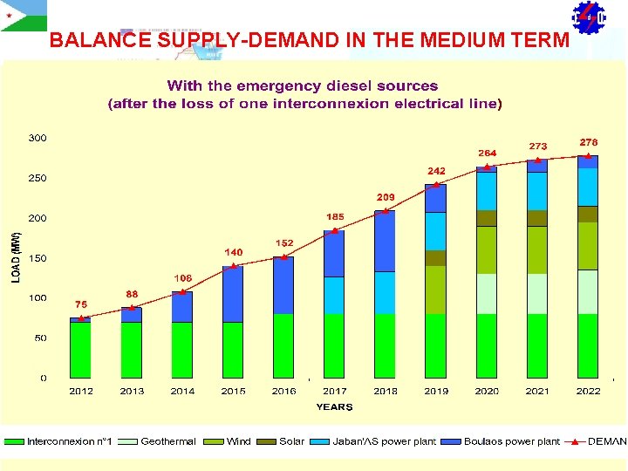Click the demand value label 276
tap(589, 141)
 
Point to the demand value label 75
tap(80, 304)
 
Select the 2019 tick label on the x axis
tap(436, 392)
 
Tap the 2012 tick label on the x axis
tap(81, 392)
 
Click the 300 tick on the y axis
tap(38, 138)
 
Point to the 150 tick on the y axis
tap(38, 259)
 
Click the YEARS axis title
tap(334, 406)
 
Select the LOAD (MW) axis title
tap(15, 256)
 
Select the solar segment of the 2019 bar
tap(435, 258)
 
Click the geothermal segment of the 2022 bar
tap(588, 291)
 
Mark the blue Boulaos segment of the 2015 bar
tap(233, 294)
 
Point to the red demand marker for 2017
tap(335, 230)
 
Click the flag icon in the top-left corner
tap(24, 16)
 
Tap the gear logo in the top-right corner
tap(588, 17)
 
